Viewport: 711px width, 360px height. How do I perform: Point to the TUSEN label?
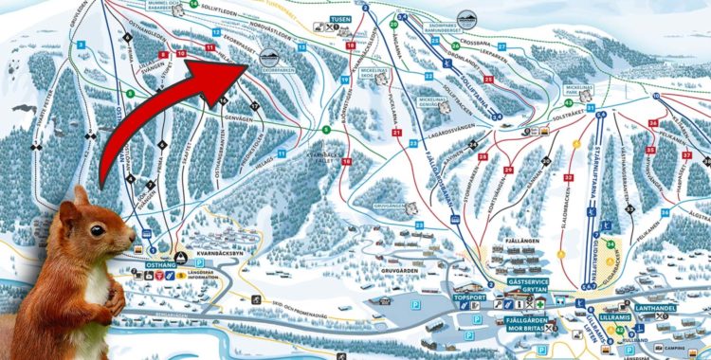pyautogui.click(x=338, y=19)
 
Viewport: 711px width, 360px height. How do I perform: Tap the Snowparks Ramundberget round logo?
pyautogui.click(x=466, y=20)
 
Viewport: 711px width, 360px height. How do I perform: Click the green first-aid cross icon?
pyautogui.click(x=540, y=303)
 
